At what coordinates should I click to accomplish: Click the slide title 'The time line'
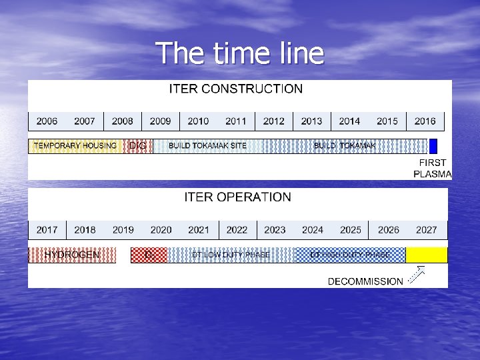[240, 53]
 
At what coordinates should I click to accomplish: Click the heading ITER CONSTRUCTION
[235, 89]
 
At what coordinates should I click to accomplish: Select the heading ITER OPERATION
[237, 197]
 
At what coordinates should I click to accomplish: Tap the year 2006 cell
[47, 121]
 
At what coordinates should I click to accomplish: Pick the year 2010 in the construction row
[198, 121]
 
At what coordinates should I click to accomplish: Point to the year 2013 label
[311, 121]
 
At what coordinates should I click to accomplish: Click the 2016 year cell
[425, 121]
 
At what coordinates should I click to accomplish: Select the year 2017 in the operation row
[47, 230]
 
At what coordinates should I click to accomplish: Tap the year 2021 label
[199, 230]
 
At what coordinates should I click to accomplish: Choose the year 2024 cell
[313, 230]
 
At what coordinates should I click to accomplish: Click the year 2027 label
[427, 230]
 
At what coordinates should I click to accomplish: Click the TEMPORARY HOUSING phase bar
[75, 146]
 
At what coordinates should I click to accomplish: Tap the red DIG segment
[138, 146]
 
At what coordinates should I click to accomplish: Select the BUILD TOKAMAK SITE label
[207, 146]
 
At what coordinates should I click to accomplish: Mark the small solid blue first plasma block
[433, 146]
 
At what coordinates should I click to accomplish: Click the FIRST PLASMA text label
[433, 169]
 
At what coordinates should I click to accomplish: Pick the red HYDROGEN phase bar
[72, 255]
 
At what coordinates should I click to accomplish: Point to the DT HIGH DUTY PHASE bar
[350, 255]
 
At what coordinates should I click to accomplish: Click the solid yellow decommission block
[427, 255]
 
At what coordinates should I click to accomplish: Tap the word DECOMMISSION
[365, 281]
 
